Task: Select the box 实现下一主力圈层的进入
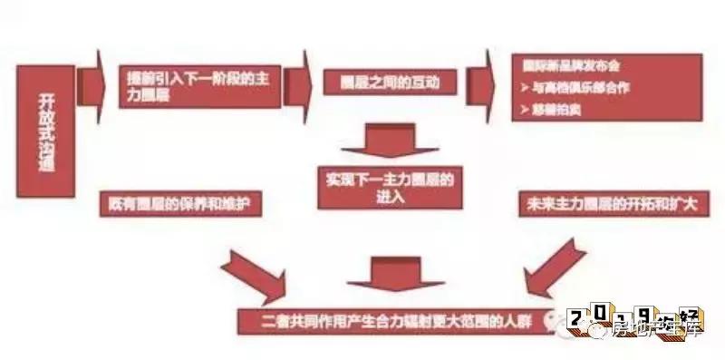[387, 188]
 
